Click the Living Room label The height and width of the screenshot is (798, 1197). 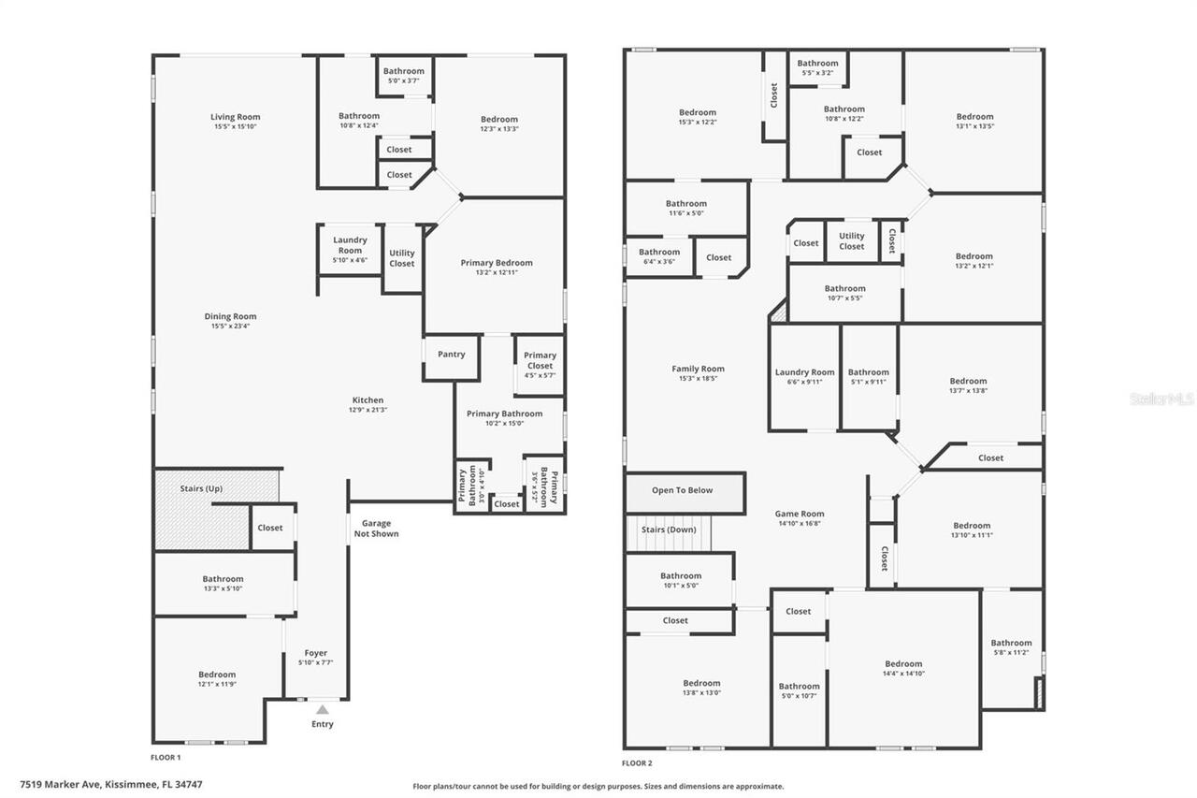pos(235,117)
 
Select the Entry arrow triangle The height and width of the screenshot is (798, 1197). pos(323,710)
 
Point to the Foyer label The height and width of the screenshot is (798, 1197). pos(316,653)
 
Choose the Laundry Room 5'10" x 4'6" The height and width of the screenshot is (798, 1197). pos(350,250)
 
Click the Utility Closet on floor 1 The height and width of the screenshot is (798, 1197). pos(402,258)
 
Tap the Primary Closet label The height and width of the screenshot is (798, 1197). pos(540,360)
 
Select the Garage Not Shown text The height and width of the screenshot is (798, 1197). pos(376,529)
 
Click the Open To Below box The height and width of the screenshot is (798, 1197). pos(683,490)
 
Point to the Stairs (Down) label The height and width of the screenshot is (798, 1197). pos(669,530)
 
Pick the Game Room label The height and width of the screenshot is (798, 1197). pos(800,514)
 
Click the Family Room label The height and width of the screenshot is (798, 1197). pos(698,369)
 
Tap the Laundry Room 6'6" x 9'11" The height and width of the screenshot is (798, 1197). pos(804,377)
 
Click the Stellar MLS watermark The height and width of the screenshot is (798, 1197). pos(1161,399)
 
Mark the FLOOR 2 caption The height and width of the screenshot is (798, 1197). pos(637,763)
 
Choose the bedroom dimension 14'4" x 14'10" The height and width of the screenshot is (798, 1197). pos(902,674)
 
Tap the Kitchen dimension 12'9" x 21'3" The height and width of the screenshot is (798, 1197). pos(368,410)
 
